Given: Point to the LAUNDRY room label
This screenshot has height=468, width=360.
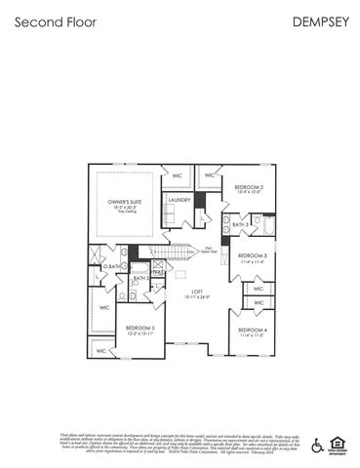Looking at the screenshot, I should (179, 200).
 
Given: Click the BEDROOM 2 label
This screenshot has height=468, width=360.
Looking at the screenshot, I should (250, 186).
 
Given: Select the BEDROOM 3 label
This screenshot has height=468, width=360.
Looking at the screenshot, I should (253, 256).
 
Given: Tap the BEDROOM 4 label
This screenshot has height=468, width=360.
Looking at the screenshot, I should (253, 330).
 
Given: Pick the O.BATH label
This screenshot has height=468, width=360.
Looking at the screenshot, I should (113, 266).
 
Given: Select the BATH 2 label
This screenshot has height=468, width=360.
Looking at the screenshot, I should (140, 279).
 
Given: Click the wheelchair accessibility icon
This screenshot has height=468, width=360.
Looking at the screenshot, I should (316, 447).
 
